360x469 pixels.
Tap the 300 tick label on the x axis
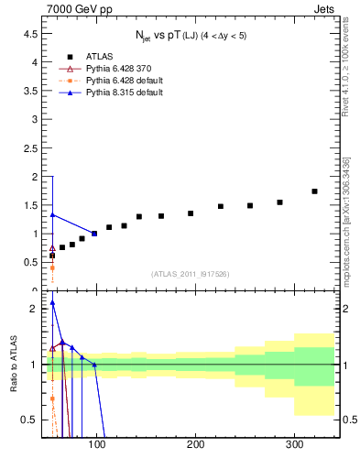pyautogui.click(x=294, y=444)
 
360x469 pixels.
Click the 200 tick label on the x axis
pyautogui.click(x=196, y=444)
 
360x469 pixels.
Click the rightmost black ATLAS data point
pyautogui.click(x=314, y=191)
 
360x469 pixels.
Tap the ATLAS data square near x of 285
pyautogui.click(x=279, y=202)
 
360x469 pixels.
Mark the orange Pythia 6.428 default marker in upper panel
pyautogui.click(x=52, y=267)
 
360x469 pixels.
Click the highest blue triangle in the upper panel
pyautogui.click(x=52, y=215)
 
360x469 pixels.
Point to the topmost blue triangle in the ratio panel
pyautogui.click(x=52, y=303)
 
